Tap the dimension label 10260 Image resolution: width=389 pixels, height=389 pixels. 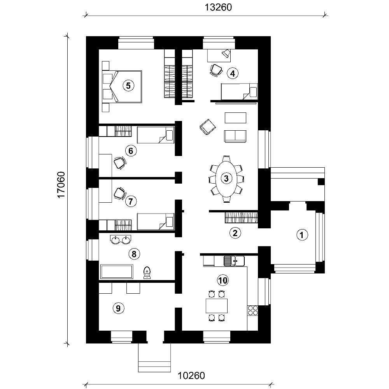tap(191, 376)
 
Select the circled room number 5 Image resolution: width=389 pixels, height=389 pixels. tap(127, 85)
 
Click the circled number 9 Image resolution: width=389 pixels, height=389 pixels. tap(118, 308)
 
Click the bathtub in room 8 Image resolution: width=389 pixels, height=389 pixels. tap(117, 271)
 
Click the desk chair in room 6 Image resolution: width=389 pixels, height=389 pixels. tap(120, 162)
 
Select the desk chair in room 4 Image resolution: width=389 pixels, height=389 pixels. tap(216, 70)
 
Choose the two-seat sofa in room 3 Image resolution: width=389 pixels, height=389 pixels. tap(235, 136)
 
